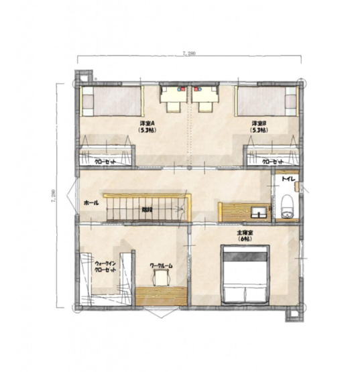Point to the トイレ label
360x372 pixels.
[289, 180]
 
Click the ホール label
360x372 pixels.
[92, 202]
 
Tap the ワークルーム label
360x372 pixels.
[161, 266]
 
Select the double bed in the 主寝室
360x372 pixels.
[245, 275]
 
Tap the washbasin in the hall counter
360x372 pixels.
[257, 214]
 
